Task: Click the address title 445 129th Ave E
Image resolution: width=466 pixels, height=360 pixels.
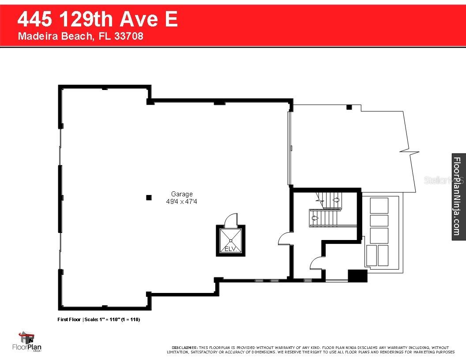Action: (98, 20)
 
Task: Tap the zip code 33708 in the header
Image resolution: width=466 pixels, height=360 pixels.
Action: (128, 37)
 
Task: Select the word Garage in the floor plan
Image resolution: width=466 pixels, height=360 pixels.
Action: (182, 194)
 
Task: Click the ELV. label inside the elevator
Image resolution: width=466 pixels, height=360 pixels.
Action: (230, 249)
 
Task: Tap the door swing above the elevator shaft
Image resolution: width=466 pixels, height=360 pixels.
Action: (230, 220)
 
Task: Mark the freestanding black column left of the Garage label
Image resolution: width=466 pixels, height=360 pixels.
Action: (149, 197)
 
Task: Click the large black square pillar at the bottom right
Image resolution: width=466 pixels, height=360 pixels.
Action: (357, 275)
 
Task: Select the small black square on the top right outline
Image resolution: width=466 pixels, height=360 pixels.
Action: (349, 107)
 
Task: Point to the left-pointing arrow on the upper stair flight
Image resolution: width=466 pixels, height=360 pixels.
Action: (335, 200)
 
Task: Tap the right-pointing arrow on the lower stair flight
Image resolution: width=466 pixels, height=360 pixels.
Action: (315, 217)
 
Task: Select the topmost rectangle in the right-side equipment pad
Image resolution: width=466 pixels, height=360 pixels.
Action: (379, 205)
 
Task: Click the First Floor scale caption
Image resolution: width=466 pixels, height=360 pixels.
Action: (99, 319)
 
